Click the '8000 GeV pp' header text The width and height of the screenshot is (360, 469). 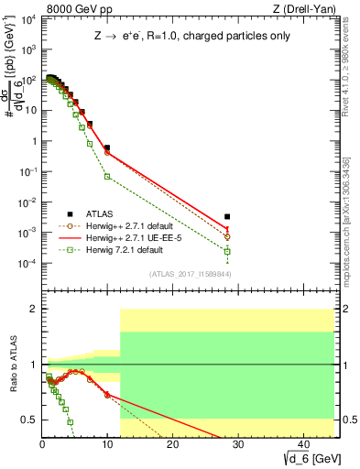coord(71,10)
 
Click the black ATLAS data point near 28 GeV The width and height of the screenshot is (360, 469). coord(227,217)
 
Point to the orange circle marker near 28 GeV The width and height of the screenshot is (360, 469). coord(227,236)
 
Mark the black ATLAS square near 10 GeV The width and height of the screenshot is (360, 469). coord(107,147)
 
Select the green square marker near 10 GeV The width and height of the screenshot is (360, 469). coord(107,176)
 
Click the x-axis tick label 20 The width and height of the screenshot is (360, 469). coord(173,443)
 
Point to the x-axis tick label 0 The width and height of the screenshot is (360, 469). coord(43,443)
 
